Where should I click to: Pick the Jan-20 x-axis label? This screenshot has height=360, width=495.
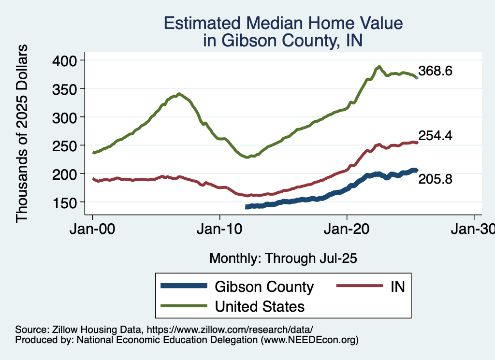tap(347, 229)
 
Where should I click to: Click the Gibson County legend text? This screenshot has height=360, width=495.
tap(264, 287)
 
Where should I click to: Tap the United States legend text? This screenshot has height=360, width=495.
tap(260, 306)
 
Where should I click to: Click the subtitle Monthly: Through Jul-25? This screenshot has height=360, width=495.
tap(283, 259)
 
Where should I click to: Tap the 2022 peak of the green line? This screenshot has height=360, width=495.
tap(379, 67)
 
